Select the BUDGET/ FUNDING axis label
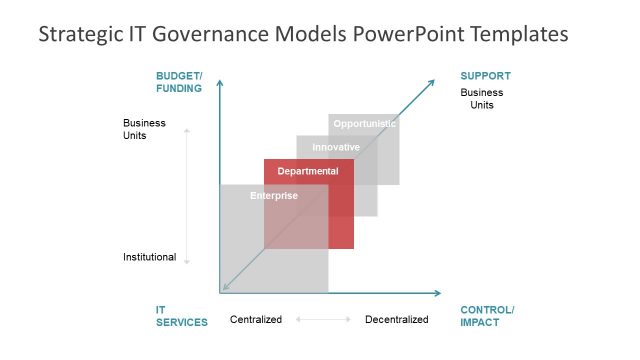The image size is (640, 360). click(x=179, y=82)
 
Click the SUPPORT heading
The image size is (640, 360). click(x=485, y=76)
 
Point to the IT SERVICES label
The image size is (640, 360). click(x=181, y=316)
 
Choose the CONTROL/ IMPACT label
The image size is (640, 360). click(x=487, y=316)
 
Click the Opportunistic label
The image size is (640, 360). click(x=365, y=124)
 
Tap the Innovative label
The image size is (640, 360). click(x=336, y=147)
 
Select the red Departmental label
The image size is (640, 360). click(x=308, y=171)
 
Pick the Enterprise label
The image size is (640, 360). click(x=274, y=195)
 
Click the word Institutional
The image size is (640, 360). click(x=149, y=257)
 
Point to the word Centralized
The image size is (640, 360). click(x=256, y=320)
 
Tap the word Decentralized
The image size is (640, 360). click(x=396, y=320)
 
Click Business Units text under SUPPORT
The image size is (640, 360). click(x=482, y=98)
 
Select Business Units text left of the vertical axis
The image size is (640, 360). click(x=144, y=129)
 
